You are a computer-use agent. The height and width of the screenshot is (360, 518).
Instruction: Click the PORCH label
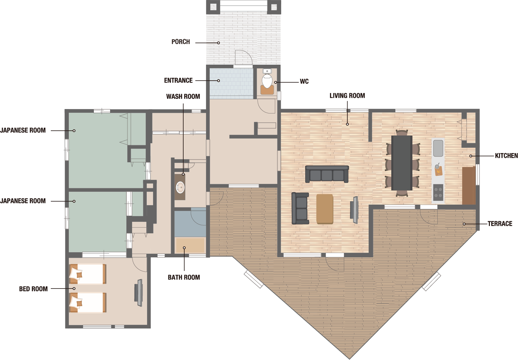click(x=181, y=42)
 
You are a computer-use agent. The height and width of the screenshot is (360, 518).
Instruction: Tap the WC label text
click(x=304, y=81)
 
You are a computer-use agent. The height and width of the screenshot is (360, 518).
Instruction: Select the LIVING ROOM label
click(x=347, y=96)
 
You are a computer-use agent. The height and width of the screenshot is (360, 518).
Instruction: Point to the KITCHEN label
click(x=506, y=156)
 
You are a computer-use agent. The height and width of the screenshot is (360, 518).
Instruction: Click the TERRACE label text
click(x=500, y=224)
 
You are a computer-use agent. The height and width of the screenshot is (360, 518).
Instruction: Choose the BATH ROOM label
click(x=184, y=277)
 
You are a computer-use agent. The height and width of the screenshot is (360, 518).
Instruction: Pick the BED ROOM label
click(x=33, y=289)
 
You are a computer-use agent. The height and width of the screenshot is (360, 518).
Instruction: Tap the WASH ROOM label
click(x=183, y=97)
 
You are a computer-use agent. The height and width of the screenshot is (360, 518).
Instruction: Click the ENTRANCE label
click(x=178, y=81)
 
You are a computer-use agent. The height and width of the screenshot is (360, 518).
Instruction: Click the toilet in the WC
click(x=267, y=80)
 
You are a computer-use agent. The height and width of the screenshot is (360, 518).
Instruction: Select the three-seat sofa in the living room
click(x=327, y=174)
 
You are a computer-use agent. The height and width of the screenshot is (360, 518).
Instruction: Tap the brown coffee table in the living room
click(x=325, y=209)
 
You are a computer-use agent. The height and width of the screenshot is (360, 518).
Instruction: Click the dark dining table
click(x=402, y=163)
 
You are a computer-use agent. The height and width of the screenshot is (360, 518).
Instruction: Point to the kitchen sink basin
click(x=438, y=148)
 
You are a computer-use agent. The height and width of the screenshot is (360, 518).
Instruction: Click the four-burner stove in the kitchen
click(x=438, y=192)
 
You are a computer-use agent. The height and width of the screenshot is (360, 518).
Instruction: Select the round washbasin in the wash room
click(x=180, y=187)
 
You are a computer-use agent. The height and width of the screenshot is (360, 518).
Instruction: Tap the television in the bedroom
click(x=139, y=293)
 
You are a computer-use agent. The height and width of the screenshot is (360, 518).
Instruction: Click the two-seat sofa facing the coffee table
click(x=300, y=208)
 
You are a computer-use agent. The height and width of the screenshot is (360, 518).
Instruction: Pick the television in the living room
click(x=354, y=210)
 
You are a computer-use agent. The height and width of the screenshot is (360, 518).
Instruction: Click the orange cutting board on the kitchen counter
click(x=438, y=171)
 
